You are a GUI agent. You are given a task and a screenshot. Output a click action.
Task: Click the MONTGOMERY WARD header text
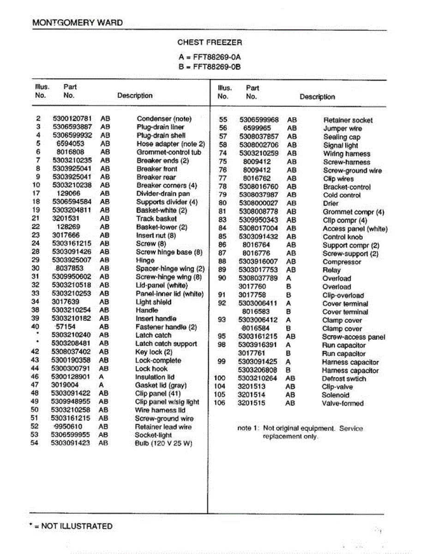(x=78, y=23)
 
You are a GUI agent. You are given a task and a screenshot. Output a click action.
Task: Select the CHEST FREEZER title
(x=210, y=42)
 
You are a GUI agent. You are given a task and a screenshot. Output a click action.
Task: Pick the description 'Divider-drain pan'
(x=163, y=194)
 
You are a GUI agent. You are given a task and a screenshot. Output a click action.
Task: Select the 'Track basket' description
(x=156, y=219)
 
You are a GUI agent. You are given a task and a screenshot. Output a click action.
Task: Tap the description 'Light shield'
(x=153, y=302)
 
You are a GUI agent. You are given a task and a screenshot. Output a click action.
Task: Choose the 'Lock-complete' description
(x=158, y=361)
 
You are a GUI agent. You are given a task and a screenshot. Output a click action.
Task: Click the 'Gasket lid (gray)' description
(x=160, y=385)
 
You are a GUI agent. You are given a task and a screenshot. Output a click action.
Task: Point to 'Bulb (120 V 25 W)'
(x=163, y=444)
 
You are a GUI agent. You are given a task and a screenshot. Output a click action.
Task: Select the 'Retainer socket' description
(x=348, y=120)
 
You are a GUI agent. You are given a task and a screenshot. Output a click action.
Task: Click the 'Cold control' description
(x=342, y=195)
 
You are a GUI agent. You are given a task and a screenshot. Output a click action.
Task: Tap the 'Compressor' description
(x=342, y=262)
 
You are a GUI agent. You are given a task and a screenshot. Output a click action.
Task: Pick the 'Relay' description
(x=332, y=271)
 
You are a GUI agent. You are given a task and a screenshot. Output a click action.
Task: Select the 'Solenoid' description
(x=336, y=395)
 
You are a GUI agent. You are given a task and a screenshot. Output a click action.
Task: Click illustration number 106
(x=220, y=403)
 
